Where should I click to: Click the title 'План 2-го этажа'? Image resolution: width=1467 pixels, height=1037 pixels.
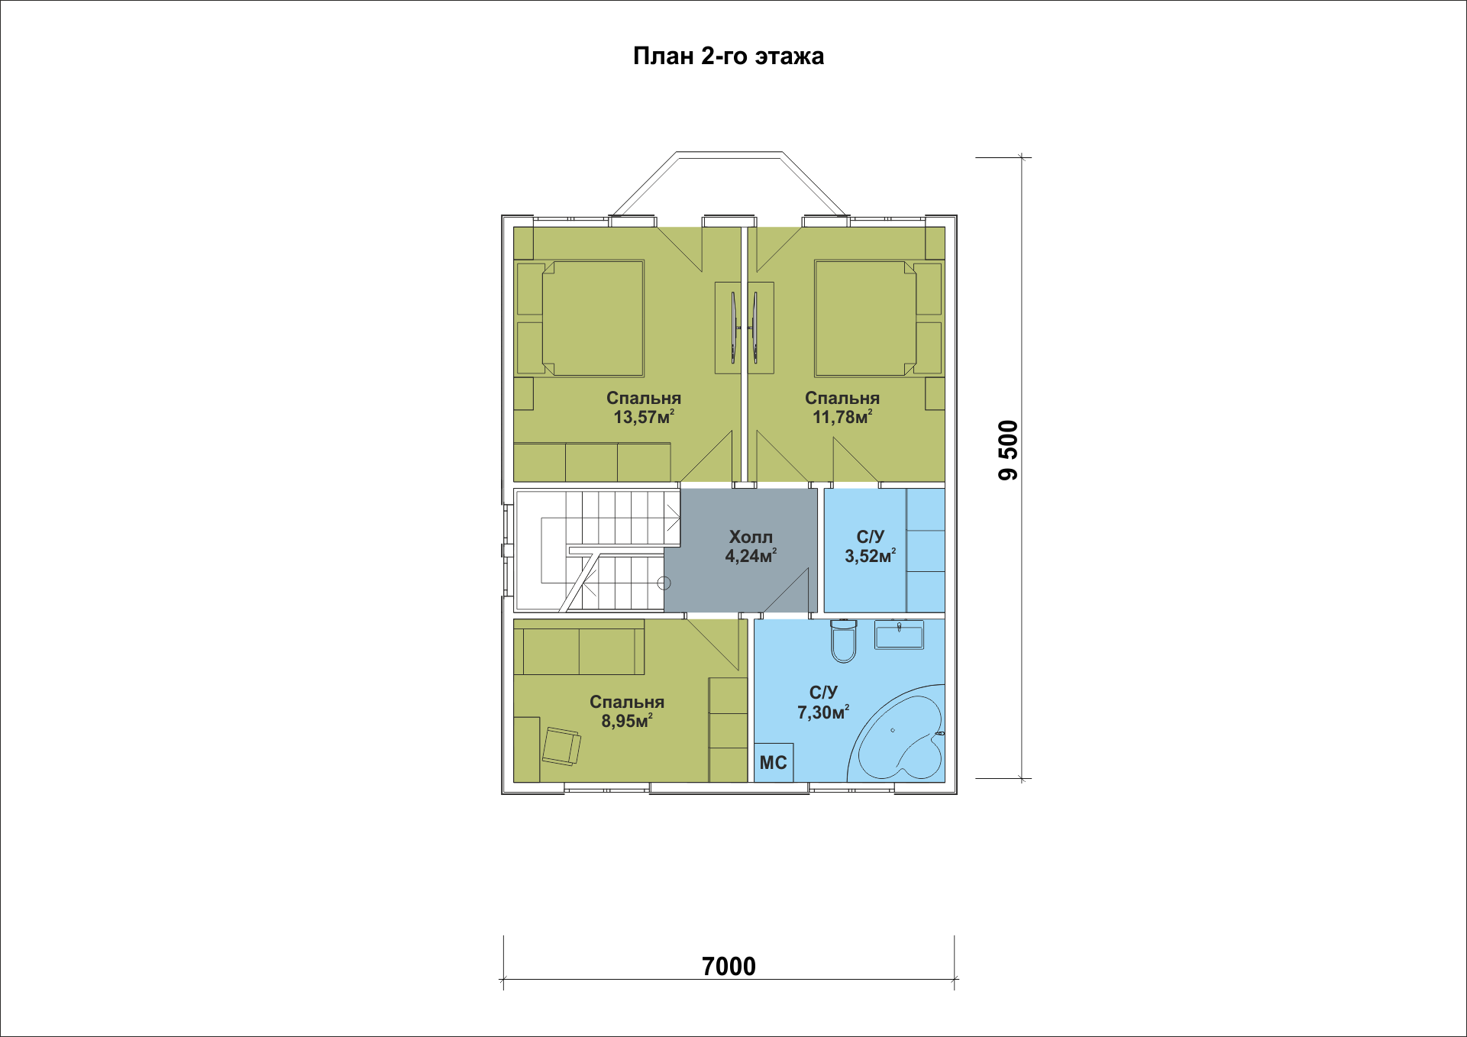[729, 57]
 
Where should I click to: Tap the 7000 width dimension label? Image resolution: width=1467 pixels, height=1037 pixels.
[729, 966]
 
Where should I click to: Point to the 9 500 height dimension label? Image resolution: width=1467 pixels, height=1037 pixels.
[1008, 451]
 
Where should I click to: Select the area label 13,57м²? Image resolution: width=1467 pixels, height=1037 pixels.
[644, 417]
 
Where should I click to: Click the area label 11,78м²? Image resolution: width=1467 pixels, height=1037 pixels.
[842, 417]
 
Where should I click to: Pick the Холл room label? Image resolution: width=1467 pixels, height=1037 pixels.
[751, 537]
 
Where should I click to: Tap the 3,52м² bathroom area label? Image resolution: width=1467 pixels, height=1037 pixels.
[870, 556]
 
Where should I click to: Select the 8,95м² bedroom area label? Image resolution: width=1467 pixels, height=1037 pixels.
[627, 721]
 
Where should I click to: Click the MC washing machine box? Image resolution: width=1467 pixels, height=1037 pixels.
[774, 763]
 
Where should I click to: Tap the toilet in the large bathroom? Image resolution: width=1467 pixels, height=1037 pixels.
[843, 641]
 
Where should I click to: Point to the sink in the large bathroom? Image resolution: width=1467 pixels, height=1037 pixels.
[899, 635]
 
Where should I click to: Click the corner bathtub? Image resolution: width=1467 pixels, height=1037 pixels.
[901, 737]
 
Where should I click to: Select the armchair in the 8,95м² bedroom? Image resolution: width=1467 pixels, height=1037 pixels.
[561, 746]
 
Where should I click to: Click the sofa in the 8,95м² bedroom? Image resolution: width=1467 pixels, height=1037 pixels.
[579, 647]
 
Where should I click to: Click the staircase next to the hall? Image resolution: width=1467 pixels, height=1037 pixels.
[596, 551]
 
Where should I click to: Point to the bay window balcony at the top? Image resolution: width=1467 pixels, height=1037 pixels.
[729, 183]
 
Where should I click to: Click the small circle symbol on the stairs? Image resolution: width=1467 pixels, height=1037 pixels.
[664, 583]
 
